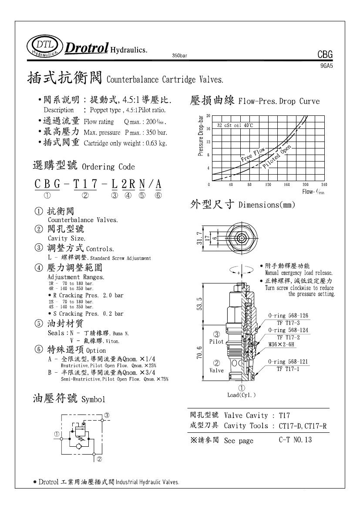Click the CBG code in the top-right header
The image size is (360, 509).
[325, 55]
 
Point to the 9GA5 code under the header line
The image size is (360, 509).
[327, 65]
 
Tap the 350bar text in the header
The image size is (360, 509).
[180, 56]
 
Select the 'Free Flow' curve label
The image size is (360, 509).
[253, 155]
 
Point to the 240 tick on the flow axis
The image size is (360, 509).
[323, 185]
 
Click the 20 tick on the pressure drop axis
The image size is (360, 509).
[209, 116]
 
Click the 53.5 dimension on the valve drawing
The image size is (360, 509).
[212, 303]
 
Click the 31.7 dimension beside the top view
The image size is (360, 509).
[210, 237]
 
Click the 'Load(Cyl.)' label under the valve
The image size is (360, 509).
[241, 395]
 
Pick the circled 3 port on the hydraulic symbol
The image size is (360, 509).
[106, 415]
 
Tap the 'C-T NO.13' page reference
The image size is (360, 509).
[295, 440]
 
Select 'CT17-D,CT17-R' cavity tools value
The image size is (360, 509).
[302, 426]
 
